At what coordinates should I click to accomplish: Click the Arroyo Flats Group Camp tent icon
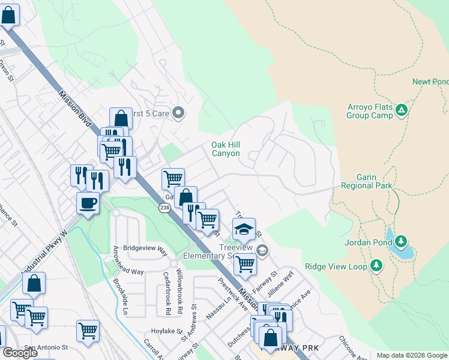tap(402, 110)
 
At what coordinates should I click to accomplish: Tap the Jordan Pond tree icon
tap(400, 242)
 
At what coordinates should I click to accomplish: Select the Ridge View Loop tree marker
tap(376, 265)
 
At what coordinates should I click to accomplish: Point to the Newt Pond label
tap(430, 82)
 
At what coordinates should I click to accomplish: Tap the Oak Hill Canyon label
tap(226, 149)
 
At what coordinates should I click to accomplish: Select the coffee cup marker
tap(88, 203)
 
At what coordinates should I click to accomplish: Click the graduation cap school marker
tap(244, 229)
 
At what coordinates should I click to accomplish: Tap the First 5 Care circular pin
tap(178, 113)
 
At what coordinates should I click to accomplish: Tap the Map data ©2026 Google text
tap(411, 355)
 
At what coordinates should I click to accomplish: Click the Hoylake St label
tap(166, 330)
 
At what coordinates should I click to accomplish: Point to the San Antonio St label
tap(45, 347)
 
